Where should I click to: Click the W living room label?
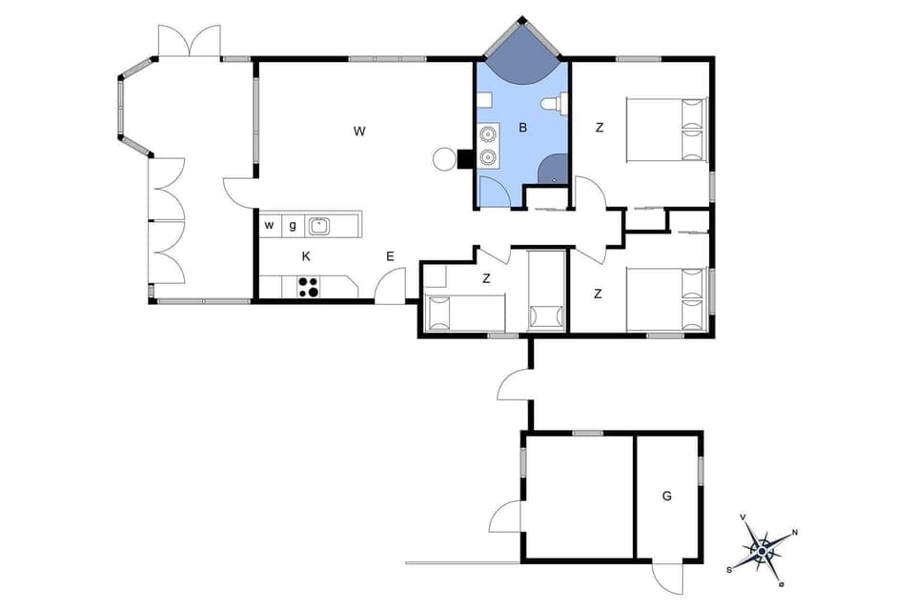click(359, 131)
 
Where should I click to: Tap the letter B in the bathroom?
click(522, 127)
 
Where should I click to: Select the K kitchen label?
click(306, 255)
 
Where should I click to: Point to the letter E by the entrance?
click(390, 255)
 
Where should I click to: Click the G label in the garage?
click(667, 496)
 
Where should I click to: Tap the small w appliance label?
click(269, 226)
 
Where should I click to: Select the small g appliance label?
click(293, 226)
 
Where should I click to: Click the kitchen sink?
click(318, 226)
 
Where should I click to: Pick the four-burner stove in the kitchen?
click(308, 286)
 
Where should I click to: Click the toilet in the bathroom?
click(552, 103)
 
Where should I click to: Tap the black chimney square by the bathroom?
click(465, 159)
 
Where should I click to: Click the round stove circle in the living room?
click(444, 159)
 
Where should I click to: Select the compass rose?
click(762, 550)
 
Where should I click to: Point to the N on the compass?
click(795, 533)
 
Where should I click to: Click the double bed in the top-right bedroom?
click(667, 130)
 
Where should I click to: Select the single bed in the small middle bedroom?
click(465, 311)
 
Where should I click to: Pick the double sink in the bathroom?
click(489, 145)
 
